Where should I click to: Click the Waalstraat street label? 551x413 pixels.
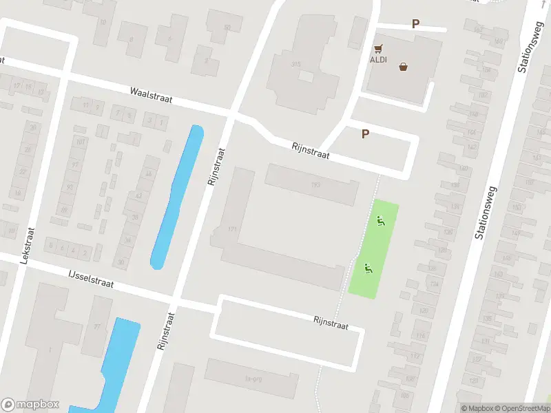(151, 95)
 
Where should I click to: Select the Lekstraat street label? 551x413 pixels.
(28, 246)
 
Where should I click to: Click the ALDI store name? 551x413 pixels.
(379, 59)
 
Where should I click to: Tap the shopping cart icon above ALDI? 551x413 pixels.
(377, 49)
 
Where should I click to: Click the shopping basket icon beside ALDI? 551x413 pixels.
(403, 67)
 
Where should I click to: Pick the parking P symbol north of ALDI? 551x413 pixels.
(415, 23)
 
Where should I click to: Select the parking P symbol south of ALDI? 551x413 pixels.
(366, 134)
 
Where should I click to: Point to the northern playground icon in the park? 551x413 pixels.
(380, 221)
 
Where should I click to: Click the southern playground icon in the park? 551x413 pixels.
(368, 269)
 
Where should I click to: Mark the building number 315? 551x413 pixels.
(296, 64)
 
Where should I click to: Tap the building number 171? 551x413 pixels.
(232, 229)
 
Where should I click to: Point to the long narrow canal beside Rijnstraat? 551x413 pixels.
(177, 196)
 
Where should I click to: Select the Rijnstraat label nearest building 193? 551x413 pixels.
(310, 151)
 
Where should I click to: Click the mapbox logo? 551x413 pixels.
(30, 405)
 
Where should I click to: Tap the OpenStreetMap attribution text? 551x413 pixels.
(523, 408)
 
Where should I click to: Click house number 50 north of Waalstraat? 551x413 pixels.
(227, 28)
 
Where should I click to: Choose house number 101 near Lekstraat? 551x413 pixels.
(81, 142)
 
